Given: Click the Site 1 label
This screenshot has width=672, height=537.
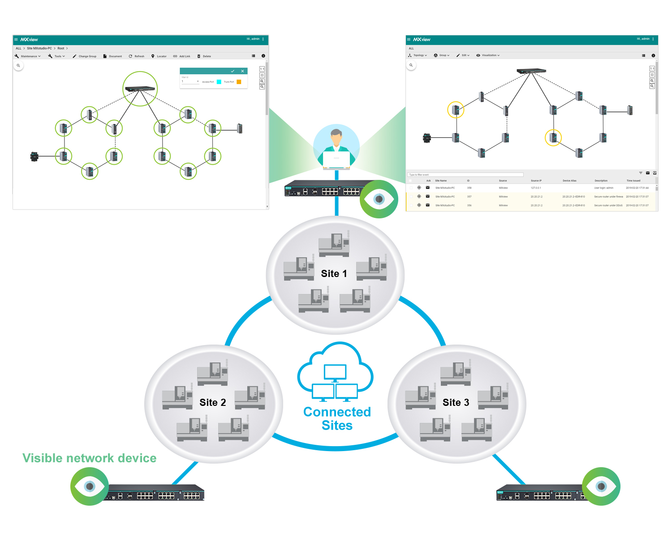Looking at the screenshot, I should pyautogui.click(x=334, y=273).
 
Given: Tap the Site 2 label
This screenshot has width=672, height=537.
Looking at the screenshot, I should pyautogui.click(x=212, y=402).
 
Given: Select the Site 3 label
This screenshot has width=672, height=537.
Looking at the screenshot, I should pyautogui.click(x=456, y=402).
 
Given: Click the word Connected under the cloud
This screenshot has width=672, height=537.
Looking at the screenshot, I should pyautogui.click(x=337, y=412).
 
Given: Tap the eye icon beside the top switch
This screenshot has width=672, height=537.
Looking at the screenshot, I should pyautogui.click(x=379, y=199).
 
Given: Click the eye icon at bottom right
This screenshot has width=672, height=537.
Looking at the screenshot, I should pyautogui.click(x=601, y=486).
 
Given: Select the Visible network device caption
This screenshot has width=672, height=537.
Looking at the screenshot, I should pyautogui.click(x=90, y=458).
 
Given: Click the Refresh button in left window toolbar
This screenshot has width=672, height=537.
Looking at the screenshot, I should pyautogui.click(x=137, y=56).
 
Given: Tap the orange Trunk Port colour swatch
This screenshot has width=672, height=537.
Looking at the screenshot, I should pyautogui.click(x=239, y=82).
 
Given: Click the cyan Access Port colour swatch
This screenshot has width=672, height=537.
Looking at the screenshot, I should pyautogui.click(x=219, y=82).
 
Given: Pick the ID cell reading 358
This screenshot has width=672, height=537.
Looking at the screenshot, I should pyautogui.click(x=469, y=188).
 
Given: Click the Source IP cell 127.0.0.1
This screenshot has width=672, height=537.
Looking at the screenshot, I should pyautogui.click(x=536, y=188).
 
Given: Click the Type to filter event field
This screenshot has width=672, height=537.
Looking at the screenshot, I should pyautogui.click(x=465, y=175).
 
